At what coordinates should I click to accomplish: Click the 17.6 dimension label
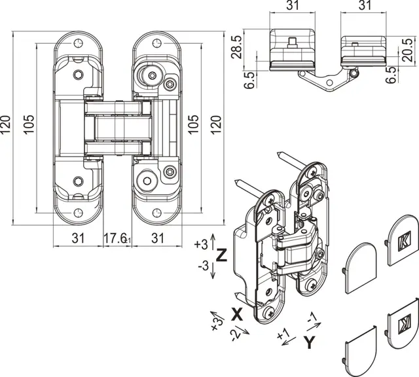[x=115, y=238]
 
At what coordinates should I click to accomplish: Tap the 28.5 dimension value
[x=237, y=47]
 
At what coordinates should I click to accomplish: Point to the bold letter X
[x=237, y=314]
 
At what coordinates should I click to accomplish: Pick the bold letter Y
[x=310, y=342]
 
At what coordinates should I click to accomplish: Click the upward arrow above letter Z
[x=213, y=242]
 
